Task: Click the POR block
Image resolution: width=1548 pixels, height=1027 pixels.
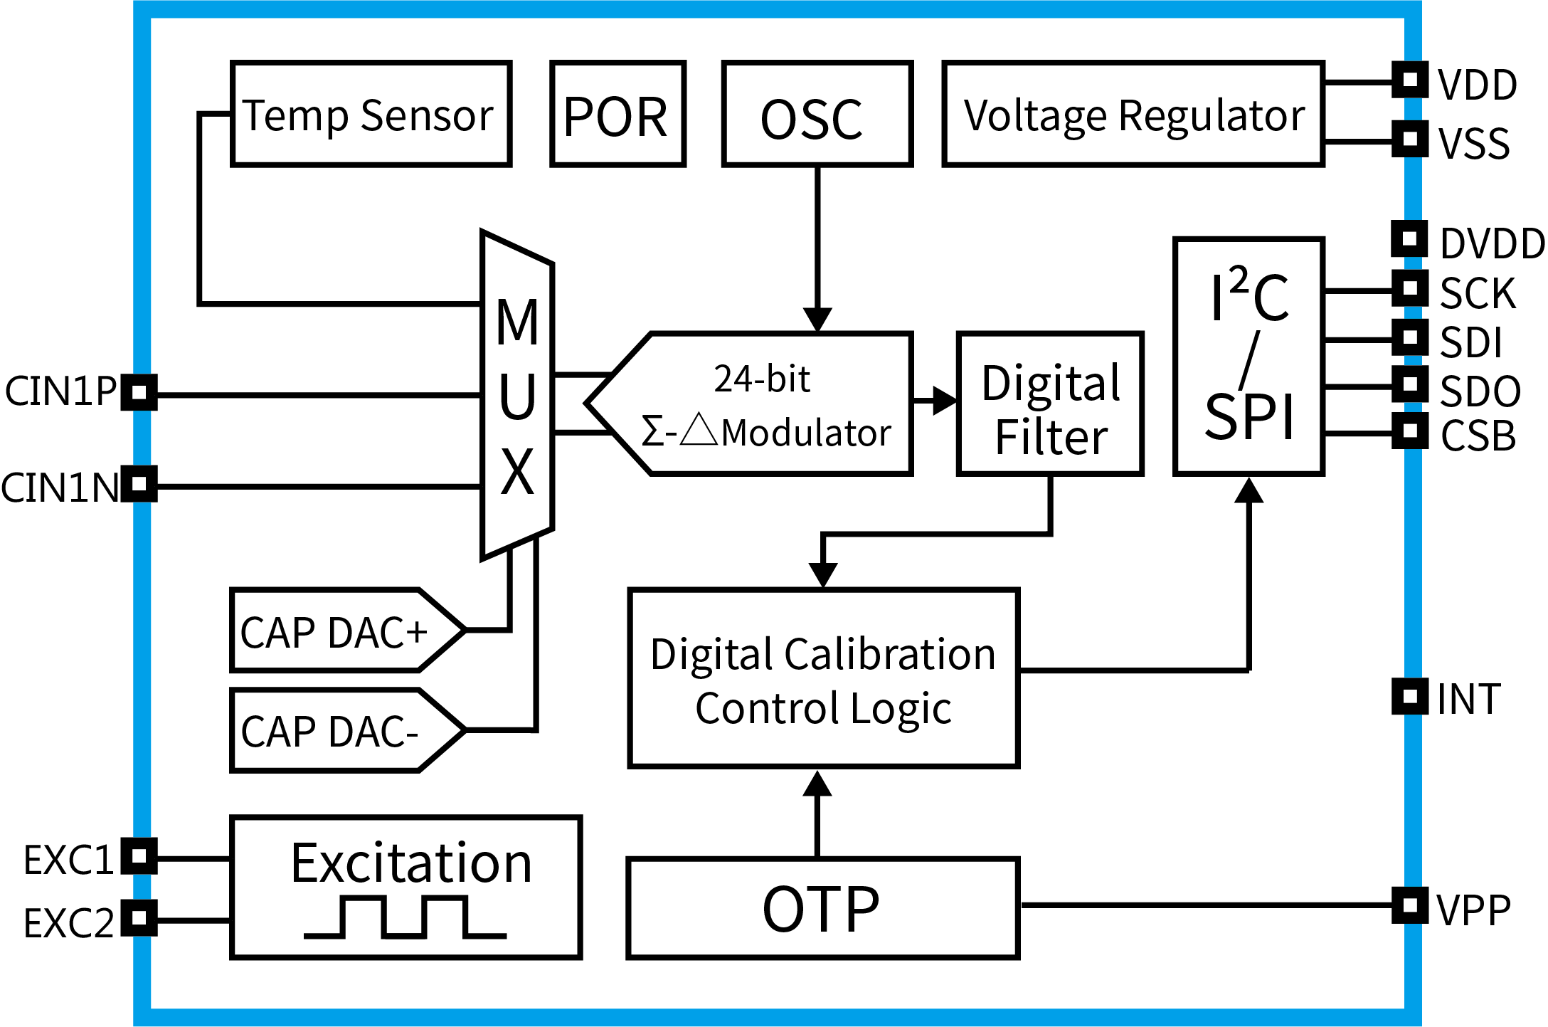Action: [x=617, y=114]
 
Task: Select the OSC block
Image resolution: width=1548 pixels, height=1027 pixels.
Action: [x=817, y=114]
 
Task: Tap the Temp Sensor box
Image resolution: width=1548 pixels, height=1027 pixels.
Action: [x=371, y=114]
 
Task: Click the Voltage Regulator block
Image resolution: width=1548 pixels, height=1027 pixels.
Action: [x=1133, y=114]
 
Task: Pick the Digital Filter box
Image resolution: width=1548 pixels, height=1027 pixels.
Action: [x=1050, y=404]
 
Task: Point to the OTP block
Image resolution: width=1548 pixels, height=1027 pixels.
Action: [x=822, y=909]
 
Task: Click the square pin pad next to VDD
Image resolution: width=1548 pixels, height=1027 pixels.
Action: [x=1409, y=80]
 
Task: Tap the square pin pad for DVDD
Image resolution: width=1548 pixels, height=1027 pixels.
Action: [x=1409, y=238]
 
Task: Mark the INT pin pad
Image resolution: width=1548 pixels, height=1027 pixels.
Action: [x=1409, y=696]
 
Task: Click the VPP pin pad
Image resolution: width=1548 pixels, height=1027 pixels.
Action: [x=1409, y=905]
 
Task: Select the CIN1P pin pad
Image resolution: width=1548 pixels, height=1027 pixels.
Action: [x=139, y=392]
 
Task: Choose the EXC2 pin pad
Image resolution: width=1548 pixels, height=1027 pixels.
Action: [x=139, y=917]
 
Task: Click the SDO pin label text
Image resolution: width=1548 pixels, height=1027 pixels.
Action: [x=1480, y=391]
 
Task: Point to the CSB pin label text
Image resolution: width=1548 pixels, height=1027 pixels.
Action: [x=1478, y=436]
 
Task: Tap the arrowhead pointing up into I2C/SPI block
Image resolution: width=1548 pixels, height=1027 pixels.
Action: [x=1249, y=491]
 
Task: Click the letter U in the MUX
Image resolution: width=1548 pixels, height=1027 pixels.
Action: [x=517, y=396]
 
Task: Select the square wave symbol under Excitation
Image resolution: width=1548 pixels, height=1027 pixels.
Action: [x=405, y=917]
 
